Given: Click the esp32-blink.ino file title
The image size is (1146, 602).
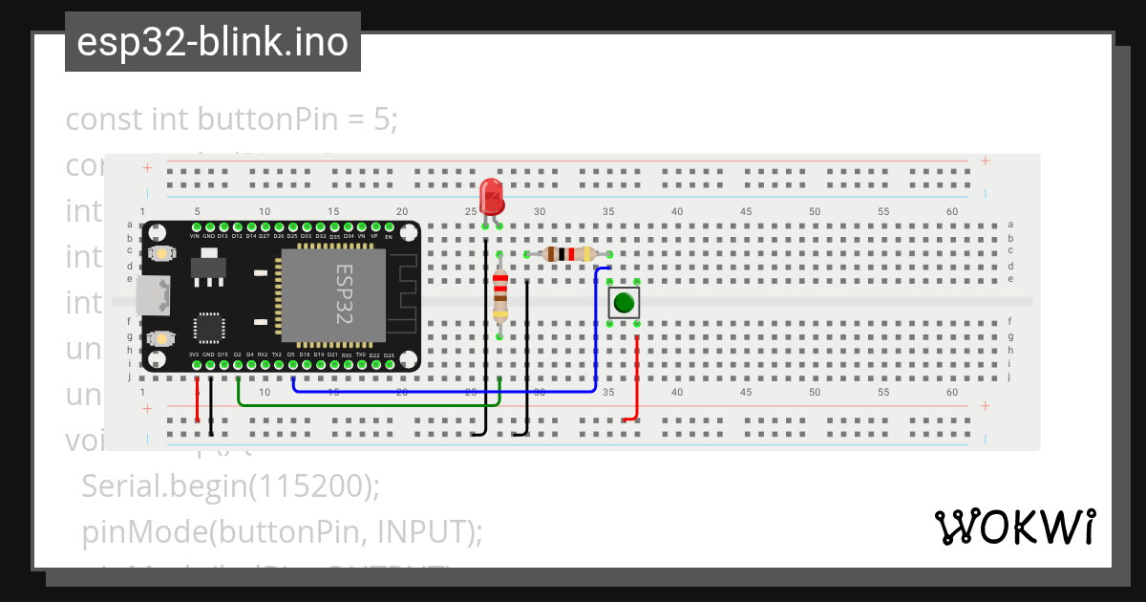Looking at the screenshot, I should [x=212, y=43].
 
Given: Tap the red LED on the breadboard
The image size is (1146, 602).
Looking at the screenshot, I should [x=492, y=197].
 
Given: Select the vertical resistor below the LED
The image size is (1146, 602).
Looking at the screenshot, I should [x=499, y=297].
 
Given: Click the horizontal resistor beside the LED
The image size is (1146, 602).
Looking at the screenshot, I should [x=568, y=254].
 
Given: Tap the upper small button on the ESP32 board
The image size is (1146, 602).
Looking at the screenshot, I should [x=161, y=254].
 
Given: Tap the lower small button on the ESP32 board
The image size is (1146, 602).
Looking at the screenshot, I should [x=161, y=338].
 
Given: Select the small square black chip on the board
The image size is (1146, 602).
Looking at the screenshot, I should [x=209, y=327].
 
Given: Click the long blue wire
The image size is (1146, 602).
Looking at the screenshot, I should [x=449, y=391].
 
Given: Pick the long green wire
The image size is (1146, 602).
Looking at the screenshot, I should [x=372, y=405].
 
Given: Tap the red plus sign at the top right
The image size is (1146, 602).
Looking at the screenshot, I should [x=986, y=161].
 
